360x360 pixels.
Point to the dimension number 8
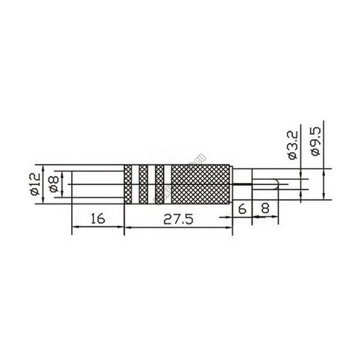[x=264, y=208]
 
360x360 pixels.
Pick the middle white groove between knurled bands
[x=152, y=184]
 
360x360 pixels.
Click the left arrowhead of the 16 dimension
[x=73, y=228]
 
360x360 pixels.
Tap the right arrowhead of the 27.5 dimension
[x=231, y=228]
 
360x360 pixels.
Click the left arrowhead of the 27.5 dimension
[x=127, y=228]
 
